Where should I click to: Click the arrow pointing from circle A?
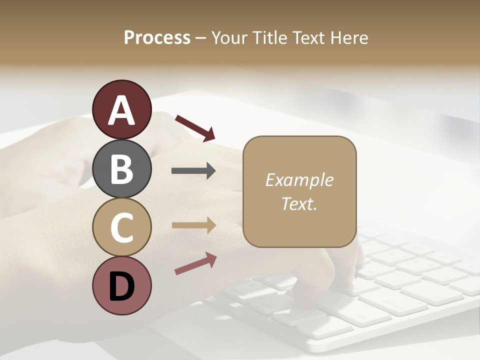(x=194, y=127)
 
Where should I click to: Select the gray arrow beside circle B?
(x=193, y=171)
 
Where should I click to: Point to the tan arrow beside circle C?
(x=193, y=225)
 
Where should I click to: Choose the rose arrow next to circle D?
(x=195, y=263)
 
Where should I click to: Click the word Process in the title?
(x=157, y=38)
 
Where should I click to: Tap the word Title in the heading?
(x=270, y=38)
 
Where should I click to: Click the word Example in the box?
(x=299, y=180)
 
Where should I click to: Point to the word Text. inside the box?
(x=299, y=203)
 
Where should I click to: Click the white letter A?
(x=121, y=110)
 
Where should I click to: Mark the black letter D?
(x=121, y=286)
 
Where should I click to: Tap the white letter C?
(x=121, y=227)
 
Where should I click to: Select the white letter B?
(x=121, y=169)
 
